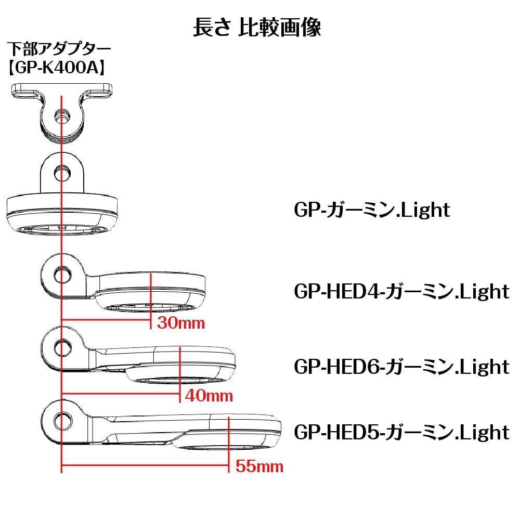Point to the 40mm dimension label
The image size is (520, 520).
click(x=209, y=396)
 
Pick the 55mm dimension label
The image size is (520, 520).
click(x=259, y=466)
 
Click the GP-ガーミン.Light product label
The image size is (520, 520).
click(x=371, y=210)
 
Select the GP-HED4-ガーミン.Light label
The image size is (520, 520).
click(x=401, y=291)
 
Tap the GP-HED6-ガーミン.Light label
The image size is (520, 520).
click(x=401, y=366)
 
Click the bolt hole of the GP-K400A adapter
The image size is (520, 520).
click(x=62, y=118)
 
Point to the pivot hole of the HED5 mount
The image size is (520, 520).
click(x=62, y=419)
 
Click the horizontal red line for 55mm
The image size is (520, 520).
click(x=146, y=466)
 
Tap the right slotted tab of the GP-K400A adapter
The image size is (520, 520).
click(x=99, y=94)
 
